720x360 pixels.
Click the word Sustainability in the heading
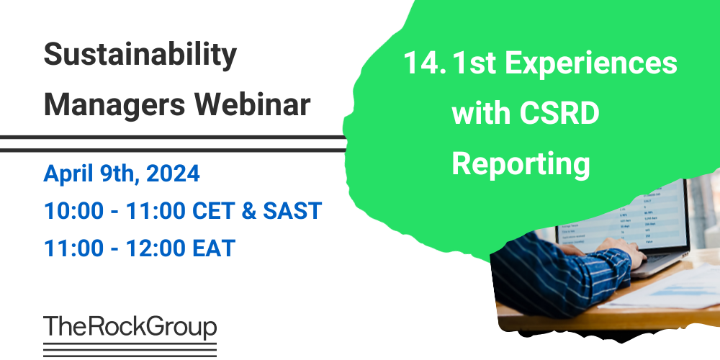pyautogui.click(x=140, y=55)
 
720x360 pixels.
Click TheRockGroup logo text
pyautogui.click(x=130, y=328)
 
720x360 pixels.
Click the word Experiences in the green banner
pyautogui.click(x=590, y=64)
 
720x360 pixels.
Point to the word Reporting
pyautogui.click(x=521, y=164)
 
